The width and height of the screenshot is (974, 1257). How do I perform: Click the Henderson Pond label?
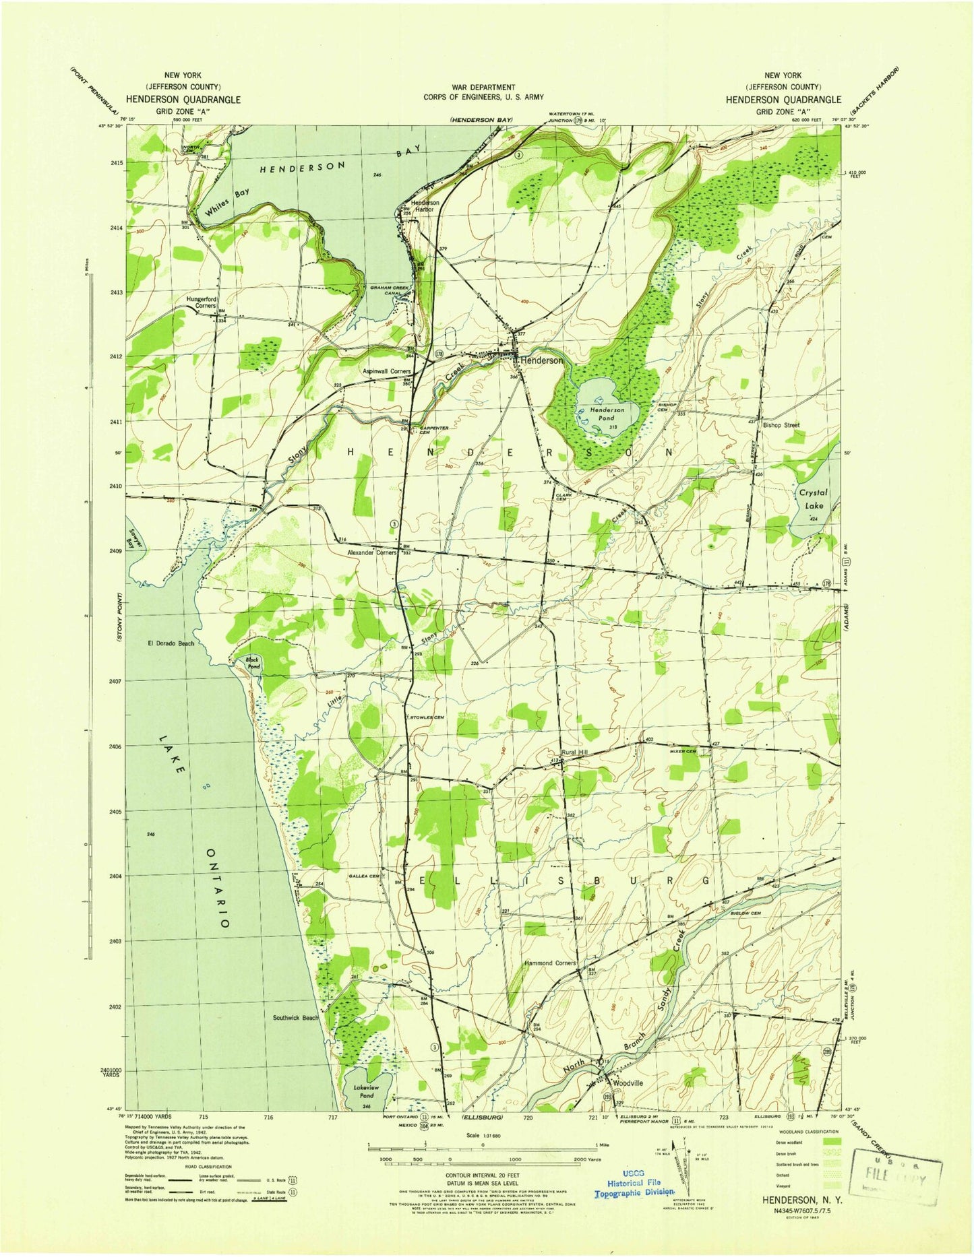(x=602, y=414)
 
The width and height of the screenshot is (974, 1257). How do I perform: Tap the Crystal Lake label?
(x=813, y=498)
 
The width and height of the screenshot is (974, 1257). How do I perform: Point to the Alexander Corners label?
(x=371, y=552)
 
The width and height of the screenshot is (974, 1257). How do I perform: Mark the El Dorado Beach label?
(x=171, y=643)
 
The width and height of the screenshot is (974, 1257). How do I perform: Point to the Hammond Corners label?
(x=550, y=963)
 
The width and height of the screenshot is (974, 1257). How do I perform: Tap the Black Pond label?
(x=252, y=663)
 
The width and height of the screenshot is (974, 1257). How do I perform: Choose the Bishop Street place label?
(x=781, y=425)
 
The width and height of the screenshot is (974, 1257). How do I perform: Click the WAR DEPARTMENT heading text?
(x=483, y=87)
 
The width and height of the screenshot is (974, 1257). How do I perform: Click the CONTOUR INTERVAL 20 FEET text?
(x=480, y=1173)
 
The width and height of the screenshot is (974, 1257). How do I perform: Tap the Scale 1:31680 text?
(x=482, y=1135)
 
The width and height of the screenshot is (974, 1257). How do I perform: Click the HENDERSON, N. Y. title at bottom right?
(x=796, y=1200)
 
